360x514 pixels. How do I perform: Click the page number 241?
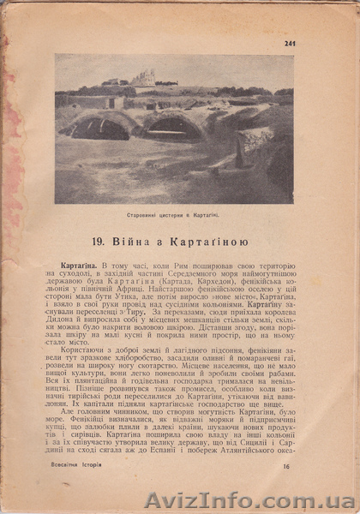click(289, 45)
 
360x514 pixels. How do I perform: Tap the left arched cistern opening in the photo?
click(99, 128)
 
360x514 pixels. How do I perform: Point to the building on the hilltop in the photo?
click(143, 79)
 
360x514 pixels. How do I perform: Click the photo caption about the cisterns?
click(175, 218)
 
